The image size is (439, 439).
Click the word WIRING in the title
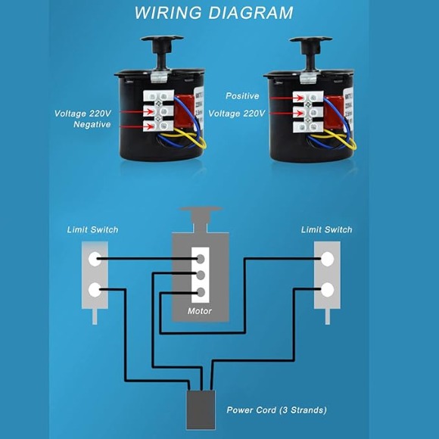pyautogui.click(x=168, y=13)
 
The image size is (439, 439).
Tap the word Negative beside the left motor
pyautogui.click(x=92, y=124)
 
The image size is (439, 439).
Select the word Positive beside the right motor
pyautogui.click(x=242, y=96)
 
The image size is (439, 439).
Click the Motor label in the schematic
pyautogui.click(x=200, y=311)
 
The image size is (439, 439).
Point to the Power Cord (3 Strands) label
pyautogui.click(x=276, y=410)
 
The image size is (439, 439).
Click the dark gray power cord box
pyautogui.click(x=201, y=410)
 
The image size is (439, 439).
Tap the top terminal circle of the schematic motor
pyautogui.click(x=201, y=259)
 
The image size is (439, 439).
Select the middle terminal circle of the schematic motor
pyautogui.click(x=201, y=276)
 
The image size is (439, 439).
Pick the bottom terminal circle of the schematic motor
pyautogui.click(x=201, y=293)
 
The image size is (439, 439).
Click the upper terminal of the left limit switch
pyautogui.click(x=95, y=259)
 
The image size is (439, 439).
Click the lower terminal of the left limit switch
pyautogui.click(x=95, y=290)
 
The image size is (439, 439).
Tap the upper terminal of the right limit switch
pyautogui.click(x=327, y=259)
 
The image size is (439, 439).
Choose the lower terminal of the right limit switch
pyautogui.click(x=327, y=290)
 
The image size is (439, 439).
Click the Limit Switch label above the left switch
pyautogui.click(x=92, y=230)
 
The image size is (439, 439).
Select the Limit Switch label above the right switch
pyautogui.click(x=327, y=230)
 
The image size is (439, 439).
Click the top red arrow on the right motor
pyautogui.click(x=287, y=98)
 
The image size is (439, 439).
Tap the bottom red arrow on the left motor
pyautogui.click(x=137, y=127)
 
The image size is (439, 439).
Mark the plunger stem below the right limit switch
pyautogui.click(x=327, y=316)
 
